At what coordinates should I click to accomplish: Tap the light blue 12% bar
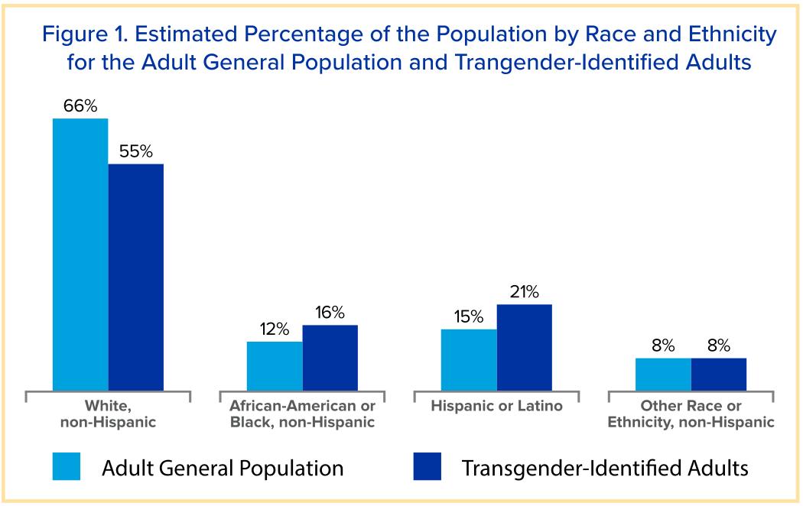coord(275,366)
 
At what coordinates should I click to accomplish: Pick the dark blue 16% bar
coord(330,358)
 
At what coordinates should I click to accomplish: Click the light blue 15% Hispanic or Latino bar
coord(469,360)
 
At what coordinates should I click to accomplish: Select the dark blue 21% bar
coord(525,348)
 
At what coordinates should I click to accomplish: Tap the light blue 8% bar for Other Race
coord(663,375)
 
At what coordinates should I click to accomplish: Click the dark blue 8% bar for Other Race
coord(719,375)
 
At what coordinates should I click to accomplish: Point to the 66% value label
coord(80,107)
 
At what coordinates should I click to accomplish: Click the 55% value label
coord(136,152)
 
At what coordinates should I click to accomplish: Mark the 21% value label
coord(525,292)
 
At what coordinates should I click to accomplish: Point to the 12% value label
coord(275,329)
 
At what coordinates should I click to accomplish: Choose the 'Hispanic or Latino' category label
coord(496,406)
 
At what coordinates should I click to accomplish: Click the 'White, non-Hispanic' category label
coord(108,414)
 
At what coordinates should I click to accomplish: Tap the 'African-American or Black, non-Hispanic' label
coord(303,414)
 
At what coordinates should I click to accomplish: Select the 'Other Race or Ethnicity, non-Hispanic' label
coord(691,414)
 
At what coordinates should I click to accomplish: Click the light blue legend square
coord(67,466)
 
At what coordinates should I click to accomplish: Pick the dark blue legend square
coord(427,466)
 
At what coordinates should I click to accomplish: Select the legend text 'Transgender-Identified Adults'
coord(604,467)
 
